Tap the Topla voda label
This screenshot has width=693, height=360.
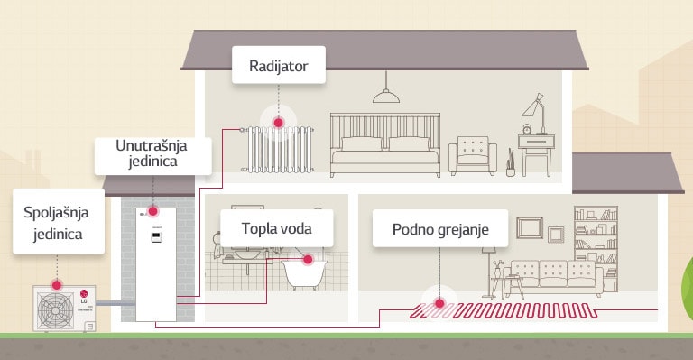click(275, 229)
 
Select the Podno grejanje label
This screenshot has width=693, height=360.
click(440, 229)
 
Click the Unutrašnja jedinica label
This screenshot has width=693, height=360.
click(152, 154)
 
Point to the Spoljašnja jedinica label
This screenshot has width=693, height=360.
click(53, 221)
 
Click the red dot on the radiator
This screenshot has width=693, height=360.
click(278, 121)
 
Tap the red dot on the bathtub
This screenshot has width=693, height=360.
click(309, 260)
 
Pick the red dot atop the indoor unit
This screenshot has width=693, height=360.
click(152, 210)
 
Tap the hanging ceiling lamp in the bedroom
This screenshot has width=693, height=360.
click(387, 95)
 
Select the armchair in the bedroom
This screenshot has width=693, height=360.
click(473, 155)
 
